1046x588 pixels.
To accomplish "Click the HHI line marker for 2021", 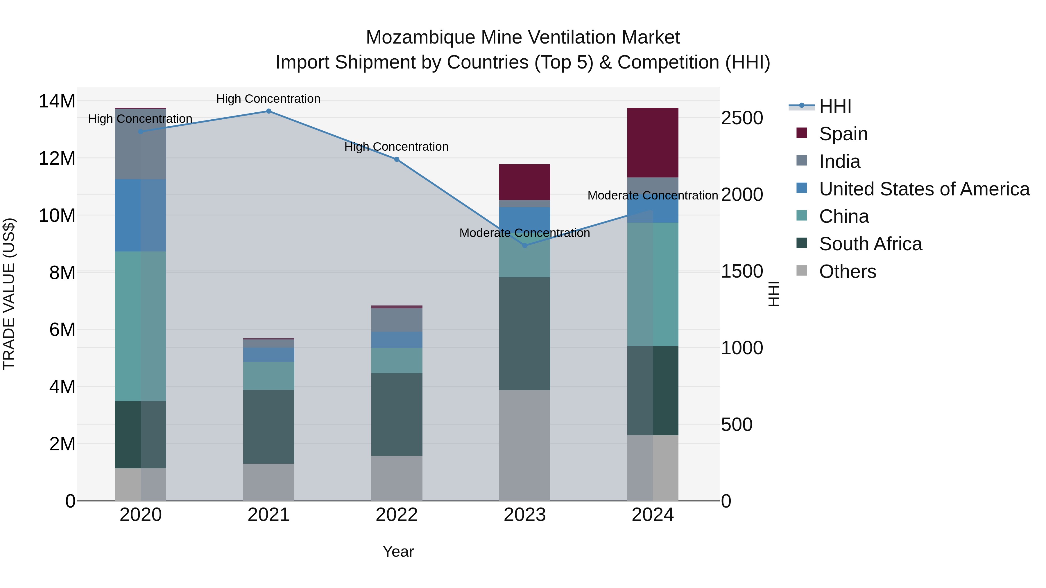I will tap(268, 111).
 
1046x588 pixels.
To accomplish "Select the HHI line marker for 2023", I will tap(525, 245).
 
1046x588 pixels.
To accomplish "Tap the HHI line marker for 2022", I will tap(397, 159).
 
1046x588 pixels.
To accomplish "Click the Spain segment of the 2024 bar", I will tap(653, 143).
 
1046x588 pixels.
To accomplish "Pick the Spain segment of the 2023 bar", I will tap(525, 182).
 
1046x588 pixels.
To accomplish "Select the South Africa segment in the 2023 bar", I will tap(525, 334).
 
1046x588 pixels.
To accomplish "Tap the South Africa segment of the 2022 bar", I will tap(397, 414).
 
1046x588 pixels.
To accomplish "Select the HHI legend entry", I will tap(835, 106).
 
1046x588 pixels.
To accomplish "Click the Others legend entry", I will tap(848, 271).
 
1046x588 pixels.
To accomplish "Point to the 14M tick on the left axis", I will tap(57, 101).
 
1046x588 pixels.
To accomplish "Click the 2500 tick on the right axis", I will tap(742, 118).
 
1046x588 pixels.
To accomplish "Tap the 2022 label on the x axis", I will tap(397, 515).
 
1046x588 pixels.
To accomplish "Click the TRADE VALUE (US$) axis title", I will tap(9, 294).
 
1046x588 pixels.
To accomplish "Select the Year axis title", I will tap(398, 551).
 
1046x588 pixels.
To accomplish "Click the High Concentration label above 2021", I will tap(268, 99).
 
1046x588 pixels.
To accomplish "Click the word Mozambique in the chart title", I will tap(420, 37).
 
